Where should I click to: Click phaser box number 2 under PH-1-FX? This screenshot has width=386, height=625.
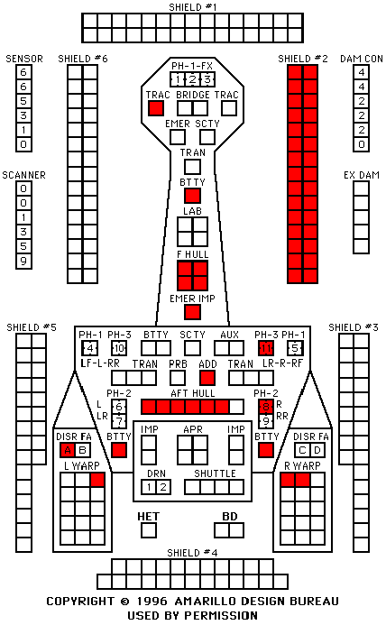[x=192, y=79]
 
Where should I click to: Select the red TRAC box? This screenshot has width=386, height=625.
[x=155, y=108]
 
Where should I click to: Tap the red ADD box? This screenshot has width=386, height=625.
[x=207, y=378]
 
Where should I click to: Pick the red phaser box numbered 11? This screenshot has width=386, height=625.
[x=266, y=348]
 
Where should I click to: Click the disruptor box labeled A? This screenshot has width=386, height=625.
[x=68, y=450]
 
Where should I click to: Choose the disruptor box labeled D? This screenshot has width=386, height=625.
[x=317, y=450]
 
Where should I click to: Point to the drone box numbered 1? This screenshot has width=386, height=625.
[x=149, y=487]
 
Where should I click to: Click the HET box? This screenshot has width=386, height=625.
[x=149, y=530]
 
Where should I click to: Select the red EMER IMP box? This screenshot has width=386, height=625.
[x=192, y=312]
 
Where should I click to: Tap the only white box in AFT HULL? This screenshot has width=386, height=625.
[x=236, y=407]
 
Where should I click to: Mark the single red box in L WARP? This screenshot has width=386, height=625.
[x=97, y=480]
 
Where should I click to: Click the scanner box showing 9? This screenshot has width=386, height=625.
[x=23, y=262]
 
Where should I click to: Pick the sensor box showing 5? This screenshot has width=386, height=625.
[x=23, y=101]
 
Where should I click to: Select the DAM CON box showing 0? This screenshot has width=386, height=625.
[x=362, y=144]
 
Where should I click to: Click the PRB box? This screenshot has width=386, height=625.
[x=178, y=378]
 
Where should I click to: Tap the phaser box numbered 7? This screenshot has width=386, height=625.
[x=119, y=421]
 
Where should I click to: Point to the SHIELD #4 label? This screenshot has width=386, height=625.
[x=192, y=553]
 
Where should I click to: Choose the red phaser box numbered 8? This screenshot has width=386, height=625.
[x=266, y=407]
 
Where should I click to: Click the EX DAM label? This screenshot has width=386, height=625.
[x=362, y=175]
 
